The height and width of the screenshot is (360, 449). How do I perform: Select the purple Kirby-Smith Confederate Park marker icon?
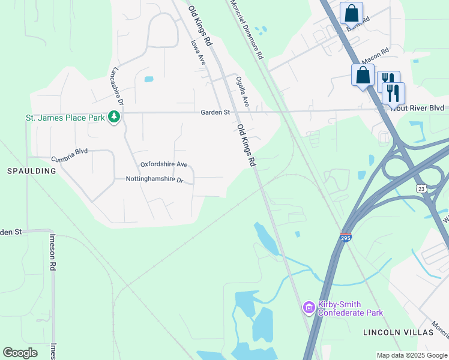tap(309, 308)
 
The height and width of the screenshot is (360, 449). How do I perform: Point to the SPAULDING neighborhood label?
tap(31, 171)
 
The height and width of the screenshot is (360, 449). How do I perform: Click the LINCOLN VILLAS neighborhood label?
tap(398, 332)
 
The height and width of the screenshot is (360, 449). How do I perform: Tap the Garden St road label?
tap(215, 112)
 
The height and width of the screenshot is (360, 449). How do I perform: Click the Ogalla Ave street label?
tap(242, 91)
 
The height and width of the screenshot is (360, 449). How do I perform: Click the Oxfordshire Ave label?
tap(164, 164)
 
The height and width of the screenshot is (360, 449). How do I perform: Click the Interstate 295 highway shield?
tap(346, 237)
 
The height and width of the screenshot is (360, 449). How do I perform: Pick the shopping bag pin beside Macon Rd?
tap(363, 76)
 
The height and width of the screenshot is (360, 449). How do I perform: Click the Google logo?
tap(20, 353)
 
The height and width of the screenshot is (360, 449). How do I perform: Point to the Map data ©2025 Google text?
tap(412, 355)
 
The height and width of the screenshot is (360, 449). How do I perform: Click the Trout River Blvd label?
tap(418, 108)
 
